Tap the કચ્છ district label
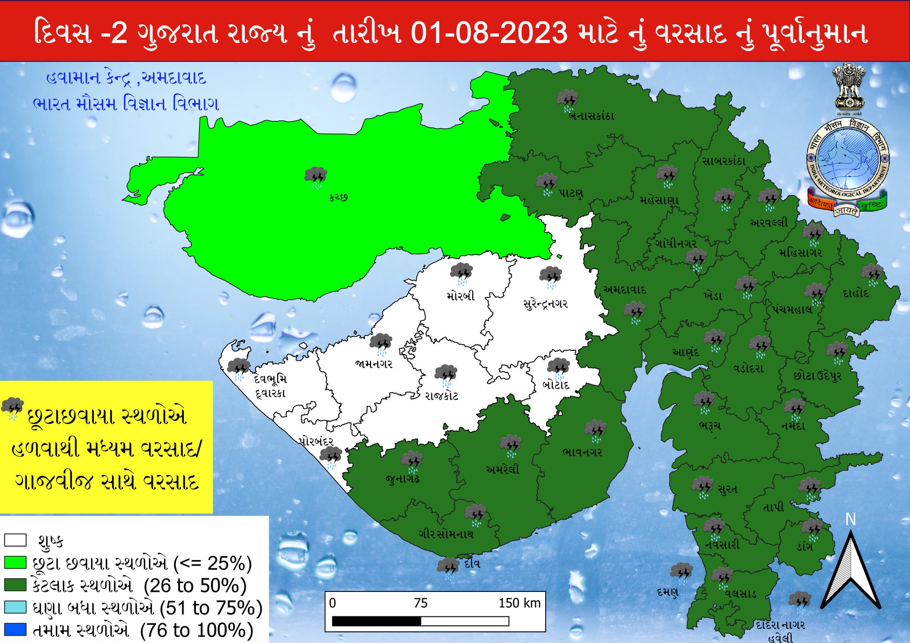(338, 197)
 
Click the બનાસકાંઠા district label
(591, 116)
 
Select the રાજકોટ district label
(441, 396)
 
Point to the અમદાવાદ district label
(625, 290)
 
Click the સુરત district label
(727, 489)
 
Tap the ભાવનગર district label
(582, 452)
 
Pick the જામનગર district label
(374, 364)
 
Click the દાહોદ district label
(855, 294)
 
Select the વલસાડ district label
(740, 594)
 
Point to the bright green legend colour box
(16, 563)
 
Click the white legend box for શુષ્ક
(16, 540)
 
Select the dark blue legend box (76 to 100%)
(16, 630)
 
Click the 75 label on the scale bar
(420, 603)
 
